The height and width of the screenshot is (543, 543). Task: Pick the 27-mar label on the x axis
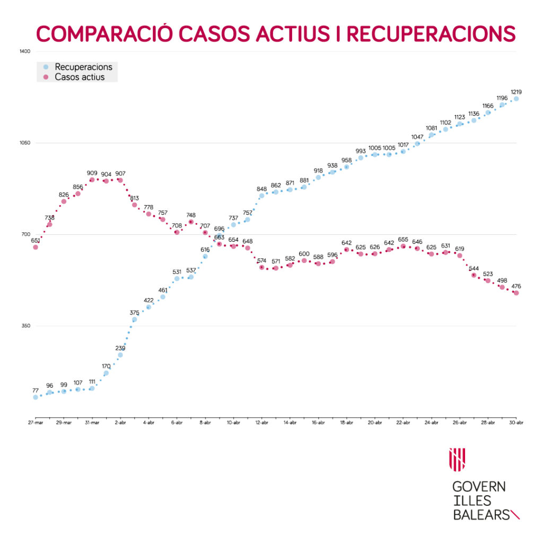pos(36,423)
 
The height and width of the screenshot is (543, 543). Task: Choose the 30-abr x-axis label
pos(516,423)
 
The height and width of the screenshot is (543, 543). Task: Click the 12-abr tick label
pos(261,423)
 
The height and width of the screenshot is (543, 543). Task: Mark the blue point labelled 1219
pos(516,99)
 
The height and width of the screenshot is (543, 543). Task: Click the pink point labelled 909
pos(92,180)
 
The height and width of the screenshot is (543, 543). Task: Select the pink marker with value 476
pos(516,293)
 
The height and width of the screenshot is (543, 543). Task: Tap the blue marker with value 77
pos(36,397)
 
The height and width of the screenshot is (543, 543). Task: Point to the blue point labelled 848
pos(261,196)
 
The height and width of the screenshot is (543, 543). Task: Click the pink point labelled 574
pos(261,267)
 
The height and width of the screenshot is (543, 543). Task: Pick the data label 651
pos(36,241)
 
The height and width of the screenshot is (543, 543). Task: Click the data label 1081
pos(432,128)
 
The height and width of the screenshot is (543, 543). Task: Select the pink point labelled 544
pos(474,275)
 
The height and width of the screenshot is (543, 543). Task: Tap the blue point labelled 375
pos(134,319)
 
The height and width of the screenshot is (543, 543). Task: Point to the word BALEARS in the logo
pos(480,514)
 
